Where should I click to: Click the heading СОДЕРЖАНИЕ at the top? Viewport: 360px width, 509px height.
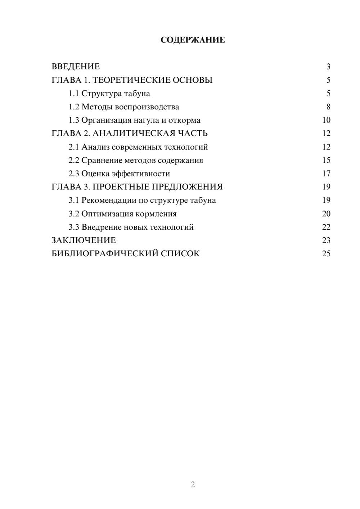(x=193, y=40)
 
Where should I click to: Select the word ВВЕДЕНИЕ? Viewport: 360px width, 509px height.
(x=76, y=67)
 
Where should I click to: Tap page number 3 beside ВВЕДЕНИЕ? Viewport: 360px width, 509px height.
(x=328, y=67)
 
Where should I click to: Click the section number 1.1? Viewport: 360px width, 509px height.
(x=74, y=94)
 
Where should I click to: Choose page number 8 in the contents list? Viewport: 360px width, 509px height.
(x=328, y=107)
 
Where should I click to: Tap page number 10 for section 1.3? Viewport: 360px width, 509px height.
(x=326, y=120)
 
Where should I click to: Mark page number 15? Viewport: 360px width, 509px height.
(x=326, y=160)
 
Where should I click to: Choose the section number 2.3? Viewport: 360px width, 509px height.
(x=74, y=174)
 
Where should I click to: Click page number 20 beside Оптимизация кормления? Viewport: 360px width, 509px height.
(x=326, y=214)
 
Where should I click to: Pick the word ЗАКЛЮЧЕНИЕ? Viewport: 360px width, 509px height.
(x=84, y=240)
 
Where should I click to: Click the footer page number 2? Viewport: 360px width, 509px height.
(x=193, y=485)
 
